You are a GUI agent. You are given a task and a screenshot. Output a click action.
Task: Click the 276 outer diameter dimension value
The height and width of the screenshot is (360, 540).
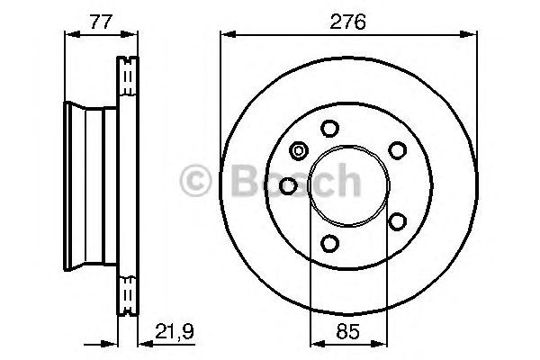348,22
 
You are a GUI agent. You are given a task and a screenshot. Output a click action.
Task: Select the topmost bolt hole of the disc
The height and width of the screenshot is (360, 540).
329,128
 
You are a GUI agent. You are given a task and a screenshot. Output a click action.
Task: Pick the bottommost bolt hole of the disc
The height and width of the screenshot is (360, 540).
329,242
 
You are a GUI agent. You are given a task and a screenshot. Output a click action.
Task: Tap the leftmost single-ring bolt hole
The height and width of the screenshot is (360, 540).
289,184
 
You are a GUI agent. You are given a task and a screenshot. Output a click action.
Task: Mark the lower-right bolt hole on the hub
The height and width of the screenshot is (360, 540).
396,219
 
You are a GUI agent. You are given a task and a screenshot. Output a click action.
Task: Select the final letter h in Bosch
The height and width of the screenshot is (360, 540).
346,182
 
